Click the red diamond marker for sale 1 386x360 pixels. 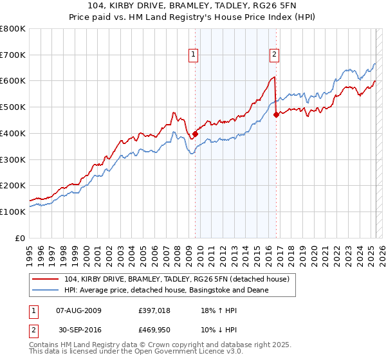coord(195,134)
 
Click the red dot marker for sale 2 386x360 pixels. coord(276,115)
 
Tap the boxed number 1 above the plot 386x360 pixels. coord(194,55)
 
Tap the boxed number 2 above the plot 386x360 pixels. coord(274,55)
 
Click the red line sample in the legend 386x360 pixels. coord(46,279)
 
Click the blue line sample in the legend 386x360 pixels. coord(46,290)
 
